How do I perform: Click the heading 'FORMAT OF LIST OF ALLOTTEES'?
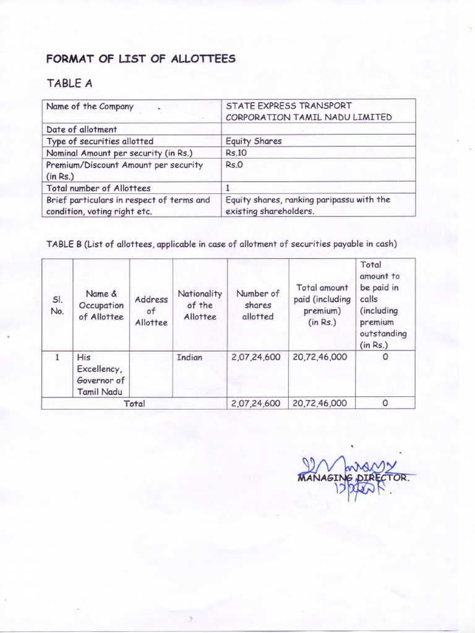pos(140,59)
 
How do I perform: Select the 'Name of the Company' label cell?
pos(90,106)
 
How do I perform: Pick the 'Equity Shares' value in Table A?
pos(254,141)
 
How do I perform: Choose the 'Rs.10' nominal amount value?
pos(236,153)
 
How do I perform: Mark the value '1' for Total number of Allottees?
pos(228,188)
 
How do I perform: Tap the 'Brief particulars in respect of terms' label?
pos(128,200)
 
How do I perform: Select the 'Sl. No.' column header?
pos(57,305)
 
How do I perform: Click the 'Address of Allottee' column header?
pos(151,311)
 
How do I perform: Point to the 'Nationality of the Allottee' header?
pos(200,305)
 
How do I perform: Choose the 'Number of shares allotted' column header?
pos(258,305)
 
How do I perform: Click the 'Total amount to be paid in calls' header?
pos(383,305)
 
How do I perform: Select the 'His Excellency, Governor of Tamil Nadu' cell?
pos(101,375)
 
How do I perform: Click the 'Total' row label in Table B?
pos(134,403)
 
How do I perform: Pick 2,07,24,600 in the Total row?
pos(256,403)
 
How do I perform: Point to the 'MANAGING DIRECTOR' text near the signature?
pos(353,478)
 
